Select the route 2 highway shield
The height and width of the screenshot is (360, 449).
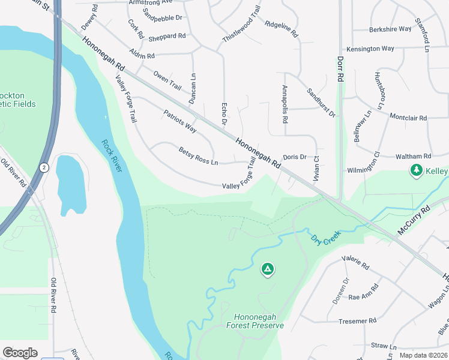[x=44, y=167]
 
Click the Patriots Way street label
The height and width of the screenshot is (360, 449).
[x=180, y=121]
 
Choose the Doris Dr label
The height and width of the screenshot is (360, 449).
[x=295, y=157]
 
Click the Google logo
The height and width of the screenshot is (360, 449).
[x=20, y=353]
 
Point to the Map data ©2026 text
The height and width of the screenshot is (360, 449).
[x=423, y=355]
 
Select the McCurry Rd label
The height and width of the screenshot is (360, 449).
[x=414, y=221]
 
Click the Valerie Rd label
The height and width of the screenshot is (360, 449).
[x=355, y=262]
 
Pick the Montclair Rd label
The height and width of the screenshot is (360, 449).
[x=408, y=117]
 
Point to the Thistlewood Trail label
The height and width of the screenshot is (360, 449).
[x=242, y=24]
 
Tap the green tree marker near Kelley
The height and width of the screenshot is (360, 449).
[x=416, y=171]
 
